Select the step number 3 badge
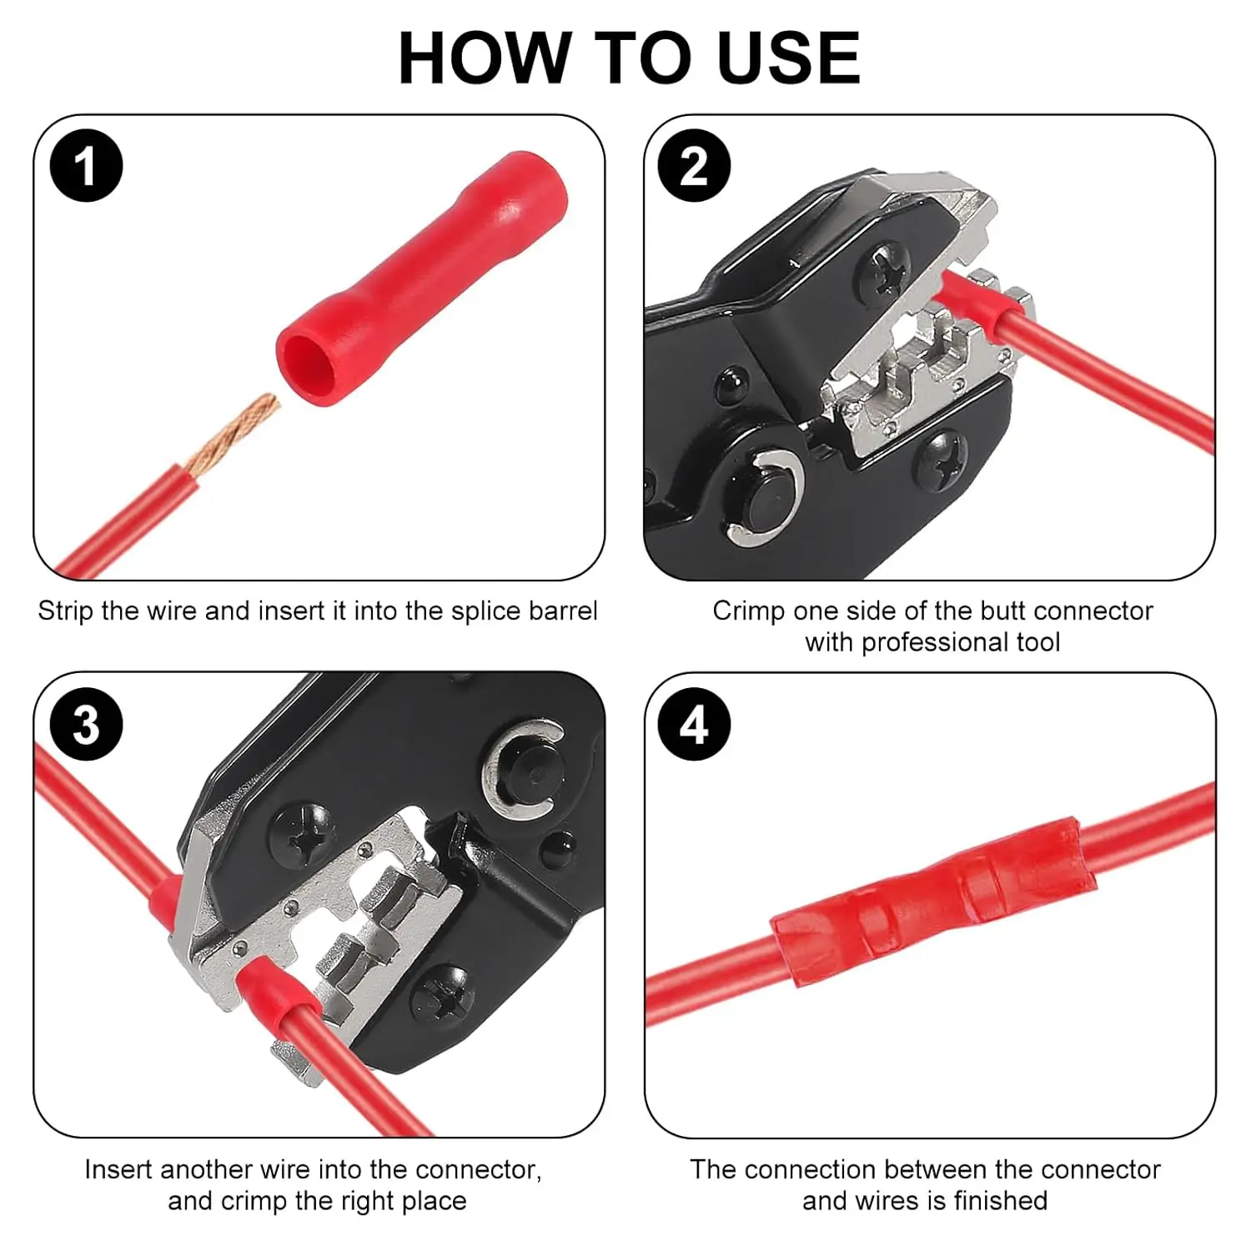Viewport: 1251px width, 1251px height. click(87, 724)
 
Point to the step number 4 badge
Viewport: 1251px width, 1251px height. click(694, 724)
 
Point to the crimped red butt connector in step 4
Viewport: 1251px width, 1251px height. click(926, 901)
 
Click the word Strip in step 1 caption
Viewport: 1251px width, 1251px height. click(65, 611)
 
